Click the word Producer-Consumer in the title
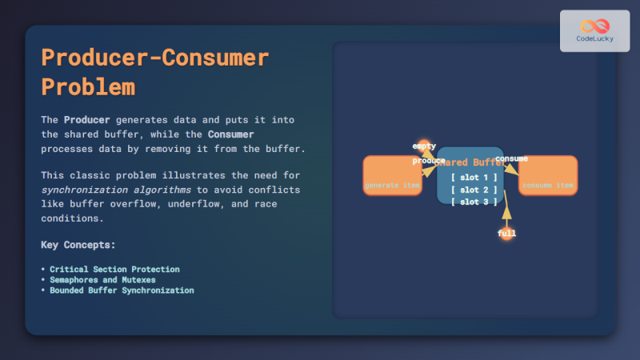point(154,58)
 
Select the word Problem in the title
point(88,86)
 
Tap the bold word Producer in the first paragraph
point(87,119)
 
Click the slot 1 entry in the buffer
point(474,177)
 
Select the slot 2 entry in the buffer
point(474,190)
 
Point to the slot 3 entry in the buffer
point(474,202)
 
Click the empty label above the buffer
point(424,146)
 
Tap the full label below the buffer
point(506,234)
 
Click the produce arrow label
point(428,161)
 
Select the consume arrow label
point(511,159)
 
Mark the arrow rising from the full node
point(506,210)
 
